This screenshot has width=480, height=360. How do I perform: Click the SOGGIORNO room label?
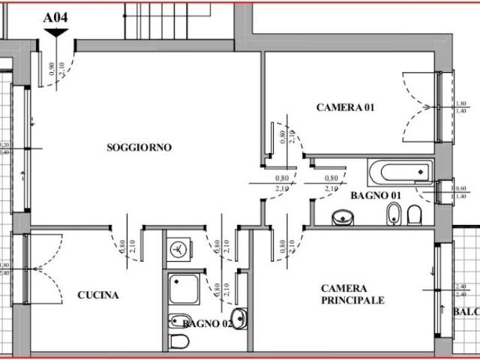tap(139, 148)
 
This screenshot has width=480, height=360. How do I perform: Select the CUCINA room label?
tap(98, 295)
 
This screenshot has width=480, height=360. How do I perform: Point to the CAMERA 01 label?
tap(345, 107)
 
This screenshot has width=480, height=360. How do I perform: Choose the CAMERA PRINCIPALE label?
tap(352, 294)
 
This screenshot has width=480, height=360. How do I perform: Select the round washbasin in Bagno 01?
tap(343, 217)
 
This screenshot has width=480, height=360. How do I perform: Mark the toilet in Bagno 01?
tap(414, 217)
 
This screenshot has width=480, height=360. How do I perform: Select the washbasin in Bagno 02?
tap(239, 318)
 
